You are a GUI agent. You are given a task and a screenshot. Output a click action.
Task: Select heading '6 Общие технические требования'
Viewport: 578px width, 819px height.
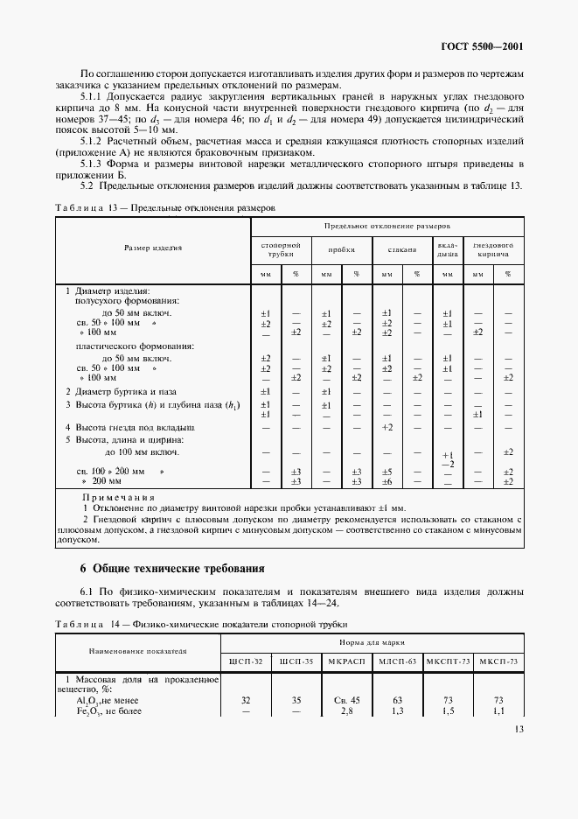point(167,569)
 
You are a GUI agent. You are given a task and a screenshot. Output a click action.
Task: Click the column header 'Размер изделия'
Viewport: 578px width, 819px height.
point(153,248)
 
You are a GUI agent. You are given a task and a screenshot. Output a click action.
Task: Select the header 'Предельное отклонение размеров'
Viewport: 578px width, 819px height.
point(386,225)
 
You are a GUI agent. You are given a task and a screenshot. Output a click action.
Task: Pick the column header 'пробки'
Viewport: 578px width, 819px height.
point(341,249)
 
